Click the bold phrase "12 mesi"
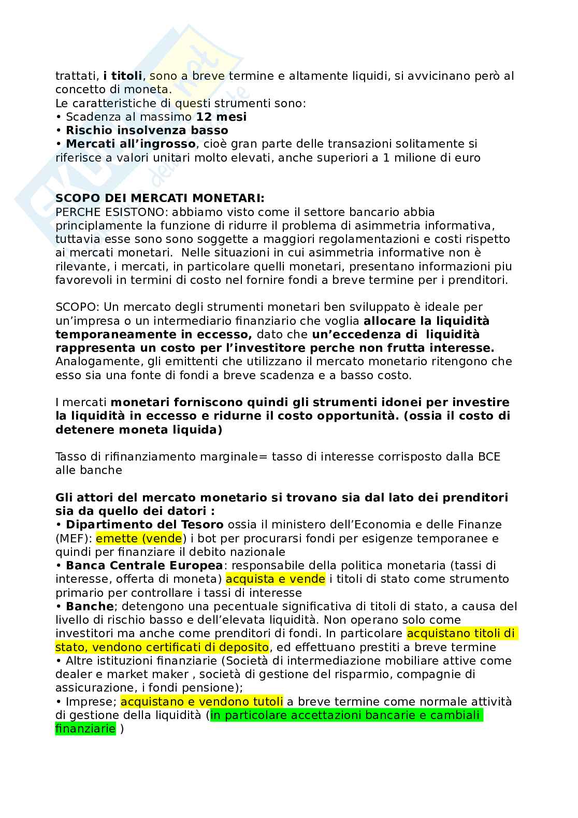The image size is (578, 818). point(221,117)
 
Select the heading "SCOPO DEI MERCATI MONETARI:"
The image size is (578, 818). point(160,198)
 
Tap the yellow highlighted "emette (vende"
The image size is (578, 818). point(139,538)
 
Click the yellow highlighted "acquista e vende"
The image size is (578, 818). point(276,579)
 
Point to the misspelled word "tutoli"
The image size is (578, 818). point(266,701)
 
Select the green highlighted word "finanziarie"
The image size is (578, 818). point(85,729)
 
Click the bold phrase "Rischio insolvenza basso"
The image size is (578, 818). point(147,130)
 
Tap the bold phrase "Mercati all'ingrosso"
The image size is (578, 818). point(131,143)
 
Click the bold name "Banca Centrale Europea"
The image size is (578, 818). point(144,565)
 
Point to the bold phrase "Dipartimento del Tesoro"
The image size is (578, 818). point(144,525)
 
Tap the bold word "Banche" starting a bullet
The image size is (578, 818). point(90,606)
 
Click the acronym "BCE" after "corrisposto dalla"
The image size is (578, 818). point(488,457)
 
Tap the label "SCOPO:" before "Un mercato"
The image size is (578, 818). point(74,307)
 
